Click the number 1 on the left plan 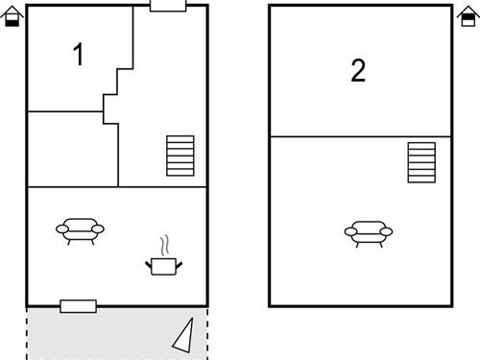pos(79,56)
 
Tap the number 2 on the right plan pos(358,71)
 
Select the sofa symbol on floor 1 pos(81,229)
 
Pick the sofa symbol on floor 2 pos(369,232)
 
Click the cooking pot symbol pos(163,265)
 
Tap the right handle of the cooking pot pos(179,260)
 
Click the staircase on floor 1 pos(180,156)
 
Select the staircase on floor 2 pos(421,162)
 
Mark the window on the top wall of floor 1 pos(168,6)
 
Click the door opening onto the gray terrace pos(78,306)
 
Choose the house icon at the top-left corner pos(12,17)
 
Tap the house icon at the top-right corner pos(469,17)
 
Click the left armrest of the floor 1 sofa pos(62,228)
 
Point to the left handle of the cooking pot pos(148,260)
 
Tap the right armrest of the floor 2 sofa pos(387,231)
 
